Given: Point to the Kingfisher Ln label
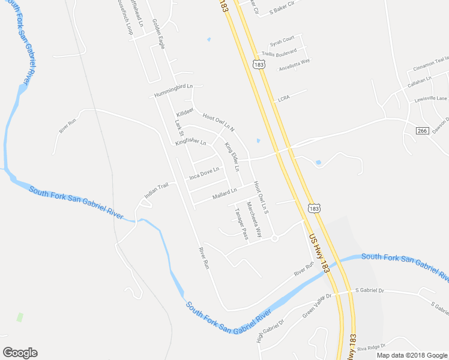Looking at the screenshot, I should [x=191, y=142].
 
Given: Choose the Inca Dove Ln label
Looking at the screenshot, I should [x=205, y=173].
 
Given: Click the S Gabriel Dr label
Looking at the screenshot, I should [x=369, y=290].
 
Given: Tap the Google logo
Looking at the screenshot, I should [x=20, y=353].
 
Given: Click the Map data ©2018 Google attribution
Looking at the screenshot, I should [x=411, y=355].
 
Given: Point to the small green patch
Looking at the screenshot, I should [x=20, y=316].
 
